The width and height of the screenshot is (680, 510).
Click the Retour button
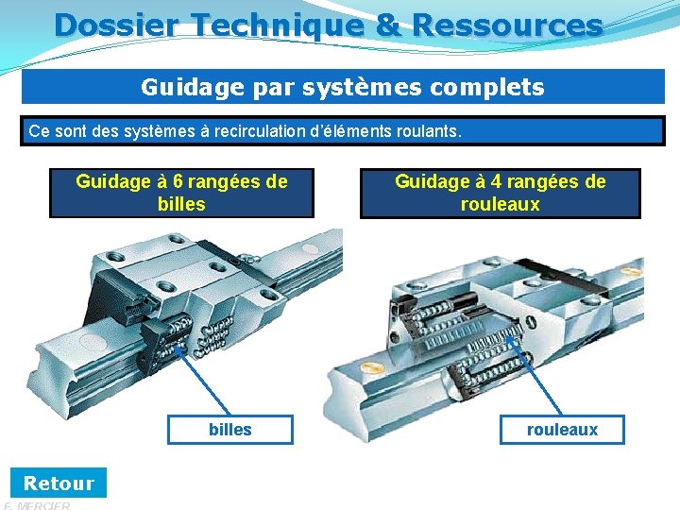coord(59,483)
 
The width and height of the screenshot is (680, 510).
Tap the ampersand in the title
coord(387,25)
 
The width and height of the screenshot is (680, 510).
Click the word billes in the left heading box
coord(181,204)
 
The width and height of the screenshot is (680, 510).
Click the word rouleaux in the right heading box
coord(500,204)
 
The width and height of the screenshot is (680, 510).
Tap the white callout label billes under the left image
coord(229,430)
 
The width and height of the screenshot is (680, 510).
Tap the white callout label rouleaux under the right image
coord(562,430)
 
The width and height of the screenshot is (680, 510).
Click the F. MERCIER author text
coord(38,505)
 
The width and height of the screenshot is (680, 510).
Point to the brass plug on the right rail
coord(370,364)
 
